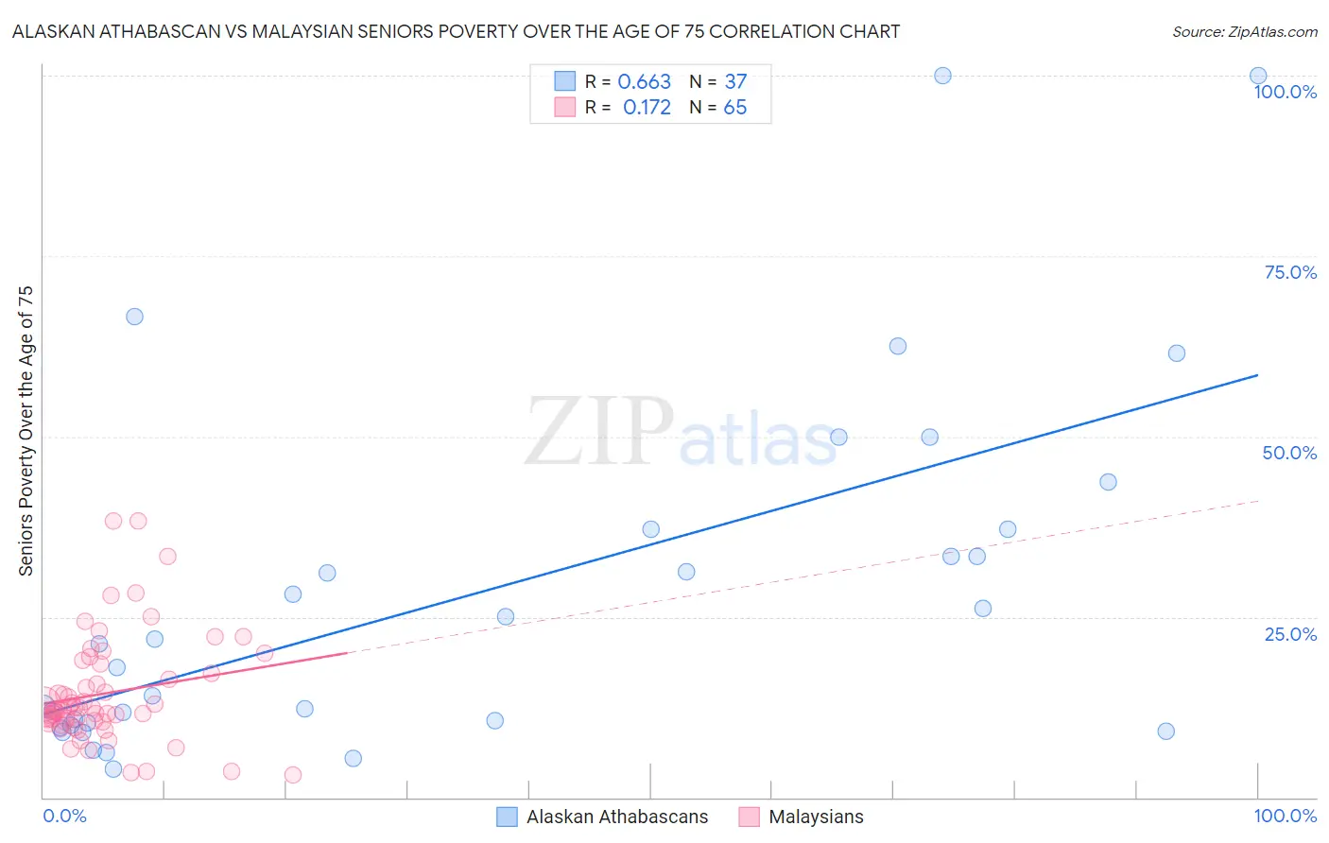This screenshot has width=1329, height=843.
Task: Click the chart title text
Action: (x=456, y=31)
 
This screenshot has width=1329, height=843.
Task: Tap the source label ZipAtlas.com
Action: (x=1244, y=31)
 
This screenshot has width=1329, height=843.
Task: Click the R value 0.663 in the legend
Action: (x=644, y=82)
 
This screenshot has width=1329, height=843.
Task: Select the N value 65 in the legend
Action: (x=734, y=108)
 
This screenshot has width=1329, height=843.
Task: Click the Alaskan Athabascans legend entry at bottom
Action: (x=616, y=817)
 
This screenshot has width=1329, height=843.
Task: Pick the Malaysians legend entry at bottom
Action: (x=816, y=817)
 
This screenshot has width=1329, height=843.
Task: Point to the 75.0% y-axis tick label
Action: (x=1290, y=272)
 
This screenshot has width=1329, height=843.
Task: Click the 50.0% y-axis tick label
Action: (x=1289, y=453)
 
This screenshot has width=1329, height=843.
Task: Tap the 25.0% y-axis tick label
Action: (x=1290, y=634)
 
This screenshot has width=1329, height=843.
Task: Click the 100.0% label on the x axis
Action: (x=1285, y=816)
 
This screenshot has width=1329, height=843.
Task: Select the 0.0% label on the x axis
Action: (x=64, y=816)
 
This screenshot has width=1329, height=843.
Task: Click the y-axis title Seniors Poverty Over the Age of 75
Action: (x=26, y=431)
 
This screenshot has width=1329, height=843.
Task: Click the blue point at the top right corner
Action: (x=1258, y=76)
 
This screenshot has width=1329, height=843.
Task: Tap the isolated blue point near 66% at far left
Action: (x=134, y=317)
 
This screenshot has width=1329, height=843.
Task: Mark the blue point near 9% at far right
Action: (x=1165, y=731)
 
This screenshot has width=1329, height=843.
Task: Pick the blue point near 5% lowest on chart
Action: (x=353, y=758)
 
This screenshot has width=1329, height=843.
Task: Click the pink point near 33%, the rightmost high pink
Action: (x=167, y=557)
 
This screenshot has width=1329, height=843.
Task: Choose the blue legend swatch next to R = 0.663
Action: (x=564, y=81)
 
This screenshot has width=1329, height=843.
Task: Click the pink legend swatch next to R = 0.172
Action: (x=564, y=107)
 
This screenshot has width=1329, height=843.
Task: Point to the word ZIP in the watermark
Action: (x=599, y=433)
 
